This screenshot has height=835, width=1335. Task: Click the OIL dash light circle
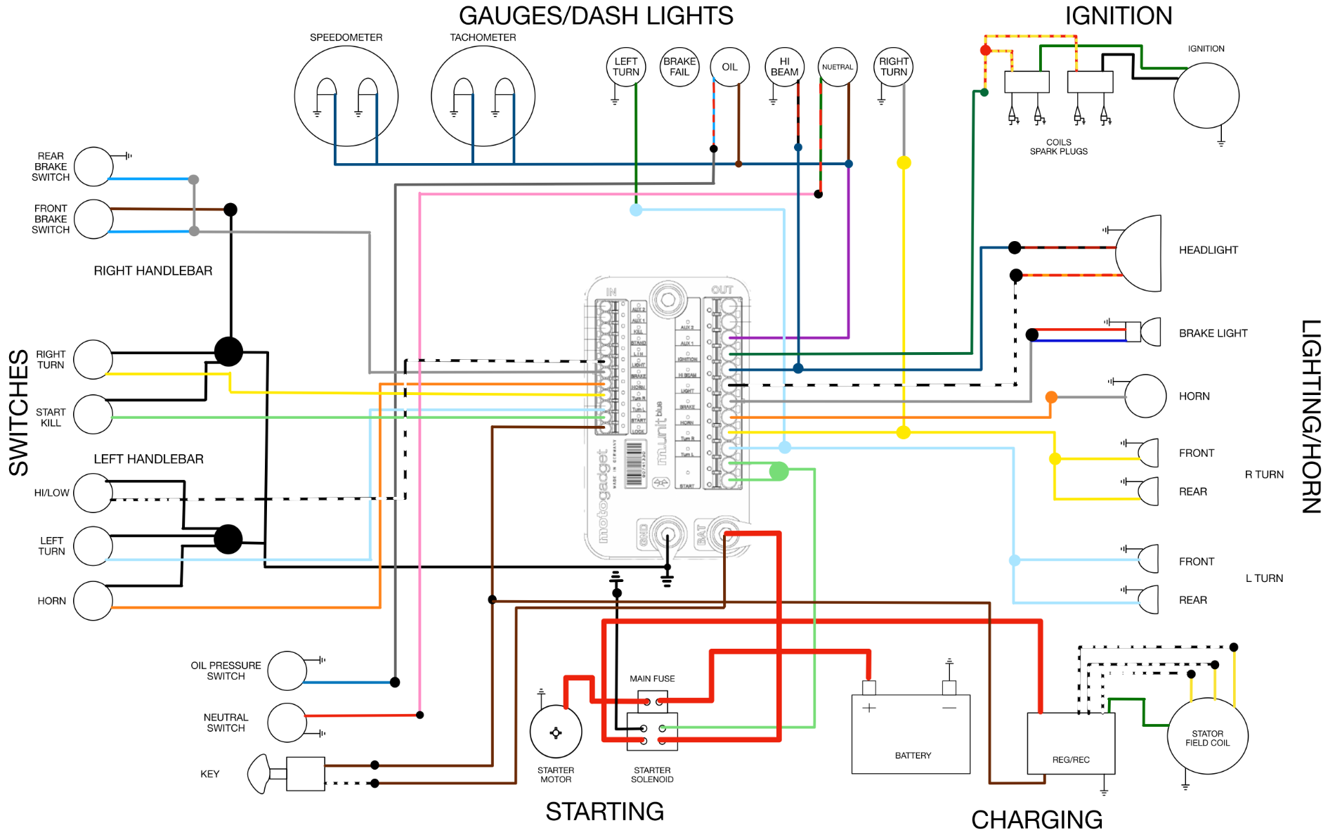coord(729,67)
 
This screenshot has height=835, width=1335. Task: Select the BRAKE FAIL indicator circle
coord(679,67)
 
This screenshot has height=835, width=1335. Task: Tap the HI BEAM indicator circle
coord(784,67)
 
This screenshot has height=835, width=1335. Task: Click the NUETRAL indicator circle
coord(838,67)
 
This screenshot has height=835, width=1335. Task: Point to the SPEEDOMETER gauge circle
coord(346,96)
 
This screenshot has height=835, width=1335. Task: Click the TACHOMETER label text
coord(483,37)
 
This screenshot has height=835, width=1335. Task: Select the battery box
coord(911,734)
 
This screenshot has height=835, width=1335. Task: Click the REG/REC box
coord(1071,743)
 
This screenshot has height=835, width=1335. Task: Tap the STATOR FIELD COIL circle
coord(1207,736)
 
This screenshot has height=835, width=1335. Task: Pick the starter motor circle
coord(556,732)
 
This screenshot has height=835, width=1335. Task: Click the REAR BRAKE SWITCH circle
coord(93,167)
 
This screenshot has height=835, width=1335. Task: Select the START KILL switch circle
coord(93,414)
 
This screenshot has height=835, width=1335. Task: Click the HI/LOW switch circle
coord(93,493)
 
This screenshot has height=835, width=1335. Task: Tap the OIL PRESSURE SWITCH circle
coord(287,671)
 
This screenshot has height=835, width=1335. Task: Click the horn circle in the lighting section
coord(1145,396)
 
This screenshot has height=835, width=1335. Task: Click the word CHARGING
coord(1036,820)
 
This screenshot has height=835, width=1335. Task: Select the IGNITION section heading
coord(1118,15)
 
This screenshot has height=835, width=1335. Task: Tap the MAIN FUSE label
coord(652,678)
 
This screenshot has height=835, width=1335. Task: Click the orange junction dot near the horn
coord(1051,397)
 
